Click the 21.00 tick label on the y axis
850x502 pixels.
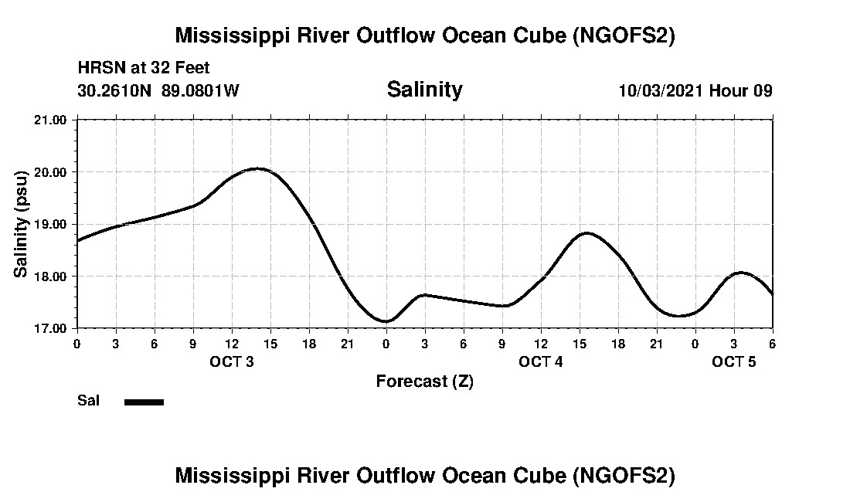tap(52, 120)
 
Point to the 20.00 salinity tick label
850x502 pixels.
tap(52, 171)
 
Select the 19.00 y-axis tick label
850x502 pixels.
tap(52, 224)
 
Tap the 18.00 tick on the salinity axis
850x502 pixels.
tap(52, 276)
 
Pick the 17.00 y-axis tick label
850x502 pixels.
tap(52, 328)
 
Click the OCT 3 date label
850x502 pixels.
tap(232, 361)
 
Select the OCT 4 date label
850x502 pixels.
tap(541, 361)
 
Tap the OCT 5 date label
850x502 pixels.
tap(734, 361)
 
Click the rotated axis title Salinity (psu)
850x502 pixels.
tap(21, 224)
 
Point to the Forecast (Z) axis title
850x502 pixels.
tap(424, 381)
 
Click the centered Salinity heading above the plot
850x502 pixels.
tap(424, 90)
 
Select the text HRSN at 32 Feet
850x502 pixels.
tap(144, 69)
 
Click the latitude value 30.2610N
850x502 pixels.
tap(115, 90)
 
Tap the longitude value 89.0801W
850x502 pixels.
tap(200, 90)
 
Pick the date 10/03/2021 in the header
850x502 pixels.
tap(661, 90)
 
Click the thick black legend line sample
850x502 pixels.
tap(144, 402)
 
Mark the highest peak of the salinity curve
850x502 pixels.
tap(258, 168)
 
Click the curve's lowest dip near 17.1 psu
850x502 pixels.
tap(386, 321)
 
